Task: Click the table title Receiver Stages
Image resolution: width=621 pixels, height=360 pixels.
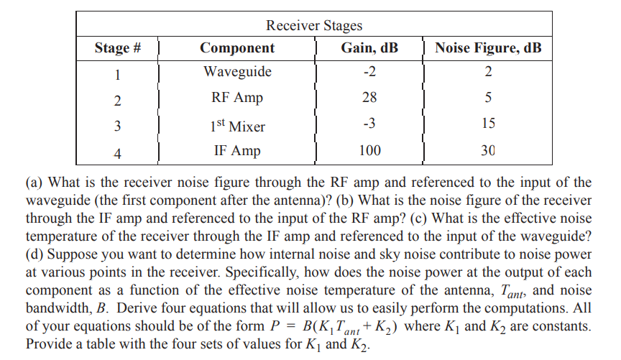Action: [x=314, y=26]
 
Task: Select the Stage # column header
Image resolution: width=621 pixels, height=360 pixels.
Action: [x=117, y=49]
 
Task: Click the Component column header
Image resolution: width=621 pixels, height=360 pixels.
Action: [x=237, y=49]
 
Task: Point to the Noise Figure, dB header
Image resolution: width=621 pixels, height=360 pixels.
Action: [x=488, y=49]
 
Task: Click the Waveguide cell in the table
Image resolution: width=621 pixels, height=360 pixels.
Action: [x=237, y=72]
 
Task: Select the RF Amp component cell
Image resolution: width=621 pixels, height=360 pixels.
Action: [x=237, y=97]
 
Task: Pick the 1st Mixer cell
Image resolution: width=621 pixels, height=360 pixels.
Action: [x=237, y=126]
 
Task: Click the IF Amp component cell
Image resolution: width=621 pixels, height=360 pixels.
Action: [x=237, y=151]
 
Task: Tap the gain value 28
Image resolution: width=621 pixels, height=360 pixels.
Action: [x=369, y=97]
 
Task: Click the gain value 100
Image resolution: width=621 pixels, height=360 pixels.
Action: [x=369, y=151]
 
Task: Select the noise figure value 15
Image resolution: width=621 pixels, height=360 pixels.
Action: [x=488, y=124]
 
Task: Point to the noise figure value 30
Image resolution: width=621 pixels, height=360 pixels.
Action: [x=488, y=151]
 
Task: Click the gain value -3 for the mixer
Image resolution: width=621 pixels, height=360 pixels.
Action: [x=369, y=124]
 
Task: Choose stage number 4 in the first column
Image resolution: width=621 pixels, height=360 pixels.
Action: [x=117, y=152]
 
